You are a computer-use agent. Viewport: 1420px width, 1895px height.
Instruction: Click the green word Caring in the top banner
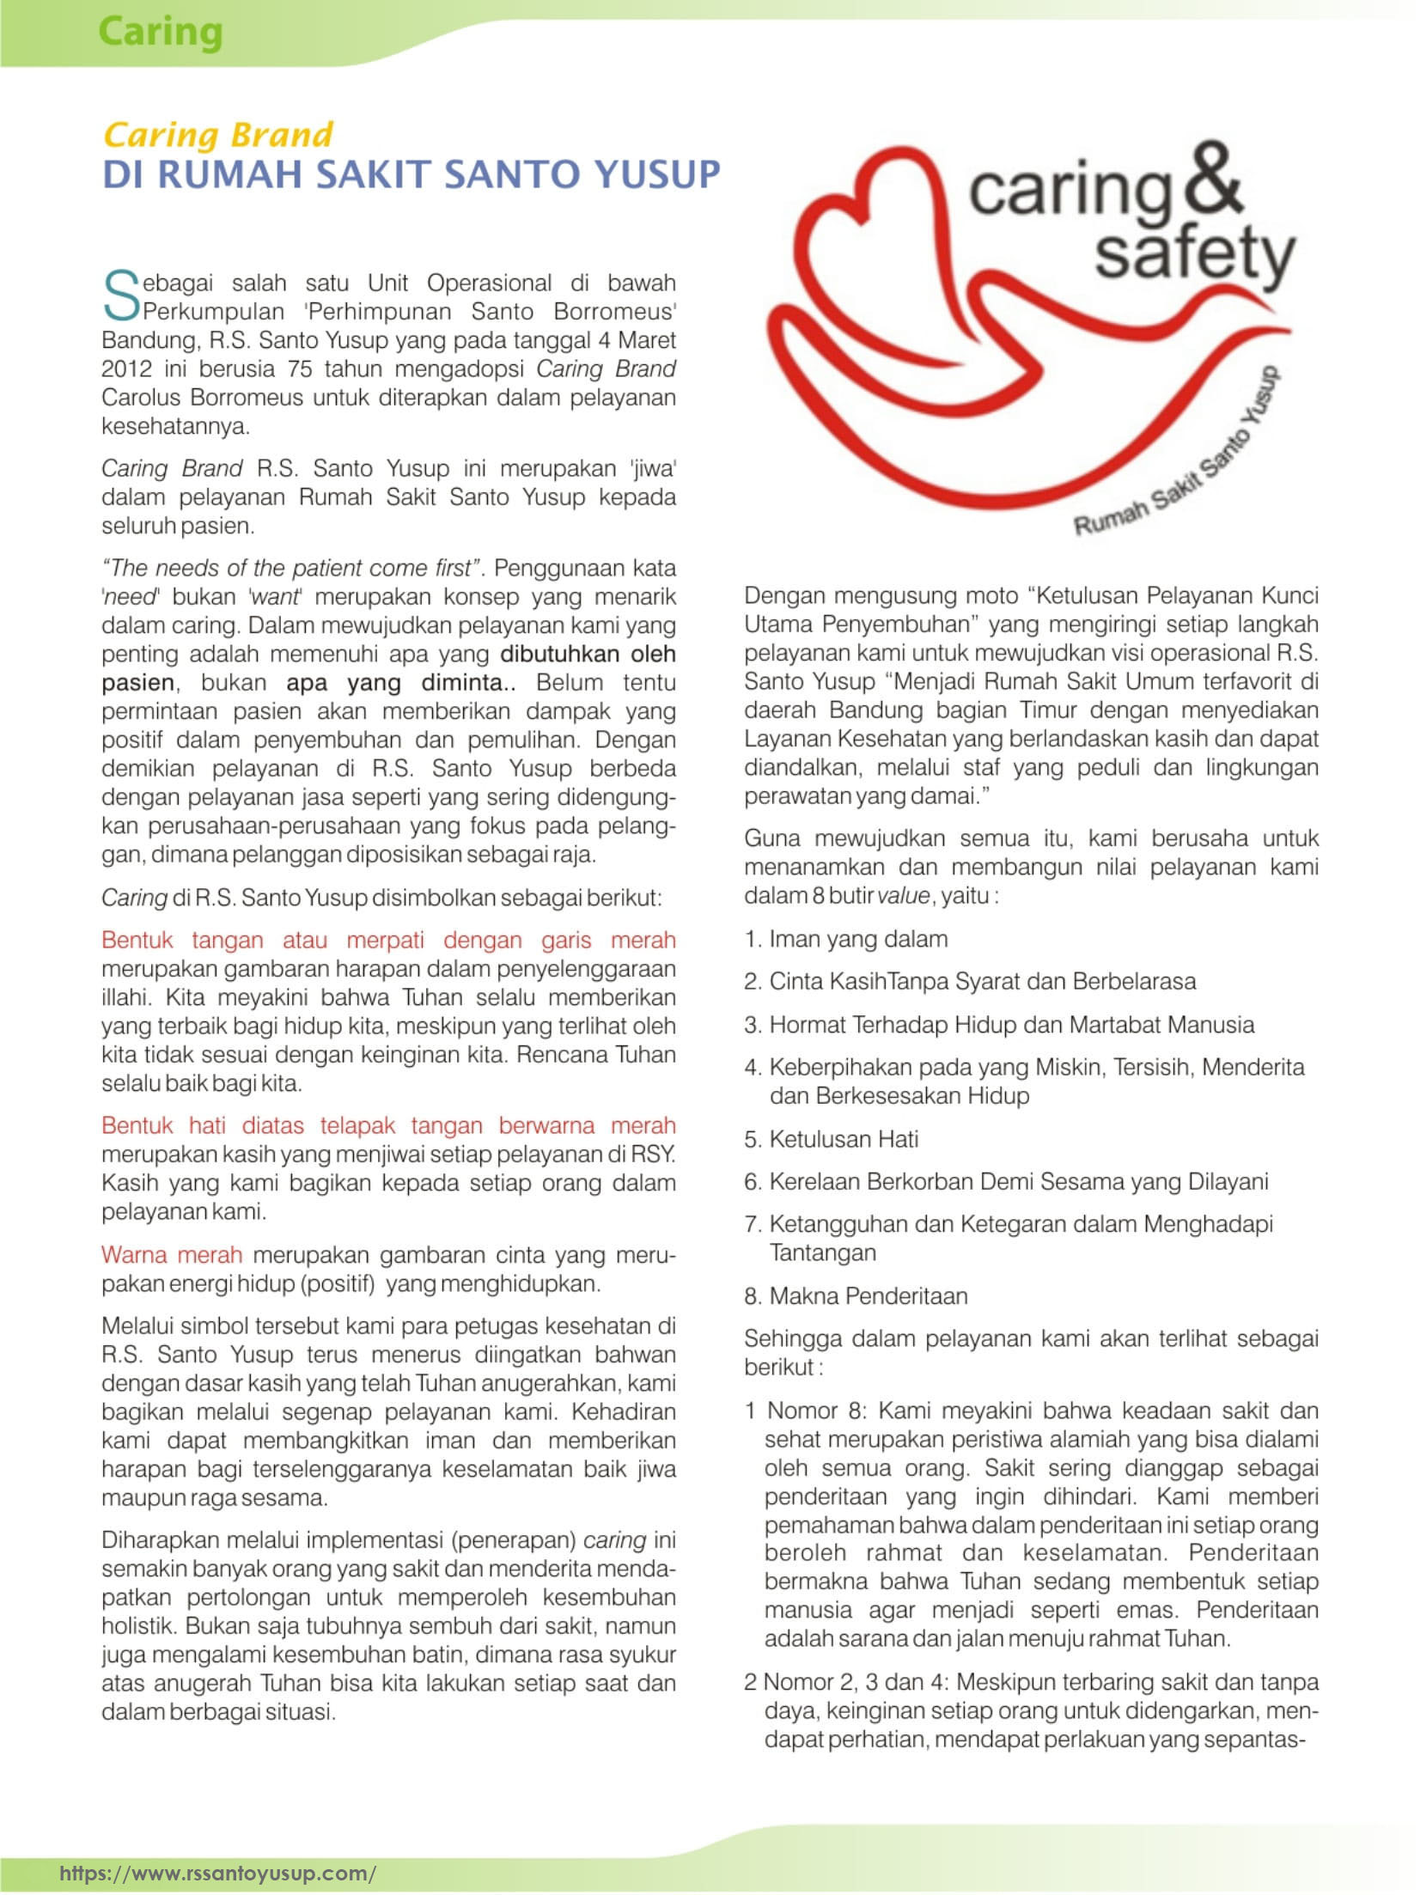click(x=160, y=33)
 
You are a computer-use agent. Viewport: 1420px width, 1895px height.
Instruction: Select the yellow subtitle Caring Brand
click(x=217, y=135)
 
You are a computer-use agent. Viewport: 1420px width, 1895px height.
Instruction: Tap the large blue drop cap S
click(x=120, y=296)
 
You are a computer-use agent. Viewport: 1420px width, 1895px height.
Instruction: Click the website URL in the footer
click(x=217, y=1872)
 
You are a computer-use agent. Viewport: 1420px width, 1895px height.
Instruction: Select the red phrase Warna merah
click(x=172, y=1255)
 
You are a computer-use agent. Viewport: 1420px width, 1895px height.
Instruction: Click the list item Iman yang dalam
click(x=857, y=939)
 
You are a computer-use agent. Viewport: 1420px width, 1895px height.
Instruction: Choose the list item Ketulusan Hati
click(x=843, y=1139)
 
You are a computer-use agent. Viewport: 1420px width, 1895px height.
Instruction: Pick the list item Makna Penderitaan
click(x=868, y=1295)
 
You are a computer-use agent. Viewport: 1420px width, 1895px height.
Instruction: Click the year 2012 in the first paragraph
click(x=127, y=369)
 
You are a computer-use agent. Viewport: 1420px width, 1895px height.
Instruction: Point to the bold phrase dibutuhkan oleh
click(x=588, y=654)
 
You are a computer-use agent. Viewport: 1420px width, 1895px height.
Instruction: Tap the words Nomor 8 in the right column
click(x=814, y=1411)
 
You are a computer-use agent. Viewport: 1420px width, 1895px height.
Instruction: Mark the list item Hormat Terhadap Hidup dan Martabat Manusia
click(x=1010, y=1025)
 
